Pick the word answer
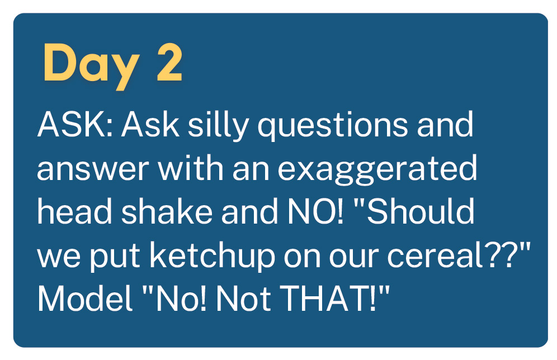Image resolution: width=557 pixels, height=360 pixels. [93, 169]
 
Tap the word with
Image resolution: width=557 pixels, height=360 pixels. [191, 167]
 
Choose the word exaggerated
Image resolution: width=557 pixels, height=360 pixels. [377, 170]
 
